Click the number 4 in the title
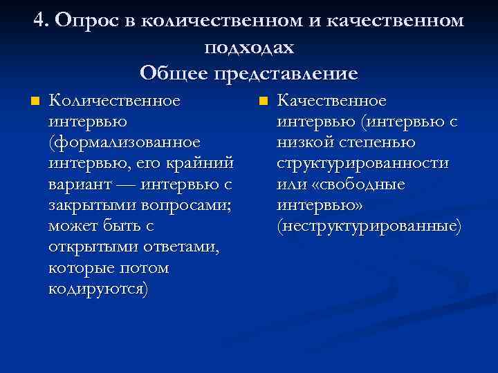coord(39,20)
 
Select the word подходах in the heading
coord(249,47)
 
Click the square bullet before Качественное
coord(263,102)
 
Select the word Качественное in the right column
coord(332,102)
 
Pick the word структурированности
coord(363,164)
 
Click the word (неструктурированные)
coord(369,226)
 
